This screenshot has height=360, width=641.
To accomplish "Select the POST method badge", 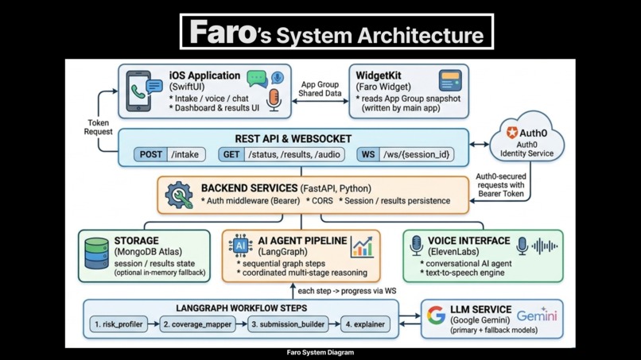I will pos(150,154).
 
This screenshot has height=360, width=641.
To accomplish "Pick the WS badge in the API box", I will pos(367,154).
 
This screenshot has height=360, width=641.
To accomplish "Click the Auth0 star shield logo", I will pos(512,133).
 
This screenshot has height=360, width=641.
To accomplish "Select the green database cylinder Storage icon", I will pos(96,254).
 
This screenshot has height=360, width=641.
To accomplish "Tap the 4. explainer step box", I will pos(365,324).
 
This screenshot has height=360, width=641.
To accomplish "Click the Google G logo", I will pos(436,315).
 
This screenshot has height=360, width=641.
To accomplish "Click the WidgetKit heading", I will pos(379,75).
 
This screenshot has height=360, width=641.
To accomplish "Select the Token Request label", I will pos(98,127).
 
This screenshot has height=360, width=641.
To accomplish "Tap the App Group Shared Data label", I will pos(320,88).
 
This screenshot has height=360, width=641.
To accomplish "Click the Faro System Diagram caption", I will pos(320,352).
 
